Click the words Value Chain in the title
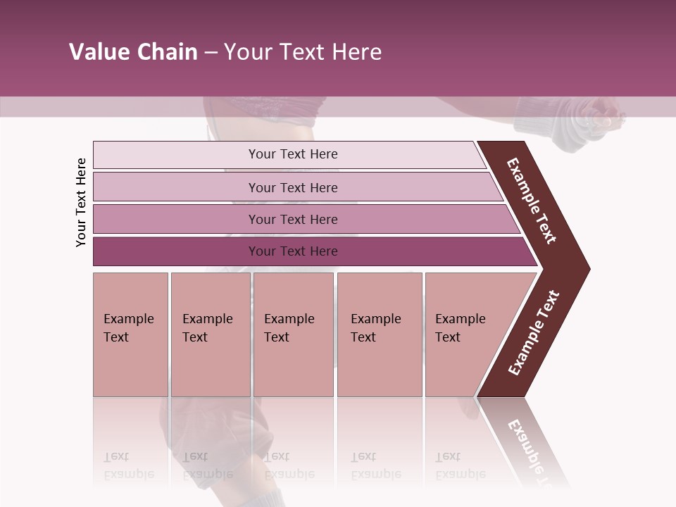(x=133, y=52)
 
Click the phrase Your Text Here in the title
(x=303, y=52)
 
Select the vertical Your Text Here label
(x=81, y=202)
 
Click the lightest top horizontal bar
(x=292, y=154)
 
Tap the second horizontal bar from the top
(x=292, y=187)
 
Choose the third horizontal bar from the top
(x=292, y=219)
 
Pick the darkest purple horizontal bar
(x=292, y=251)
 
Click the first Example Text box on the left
(x=130, y=334)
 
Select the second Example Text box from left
(x=210, y=334)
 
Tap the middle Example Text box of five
(x=293, y=334)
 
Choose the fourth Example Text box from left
(x=380, y=334)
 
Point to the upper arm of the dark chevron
(x=532, y=201)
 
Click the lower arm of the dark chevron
(x=534, y=332)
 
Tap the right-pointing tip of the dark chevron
(x=582, y=268)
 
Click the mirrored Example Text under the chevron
(x=528, y=451)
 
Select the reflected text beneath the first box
(x=128, y=465)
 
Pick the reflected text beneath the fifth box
(x=460, y=465)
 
